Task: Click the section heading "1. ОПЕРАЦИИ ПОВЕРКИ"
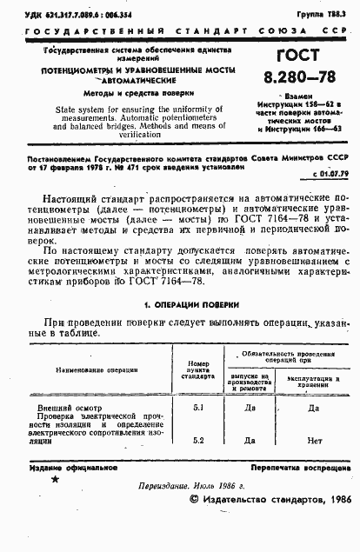190,304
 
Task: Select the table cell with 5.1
197,406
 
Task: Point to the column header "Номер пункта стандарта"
197,369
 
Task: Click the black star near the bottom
55,478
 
